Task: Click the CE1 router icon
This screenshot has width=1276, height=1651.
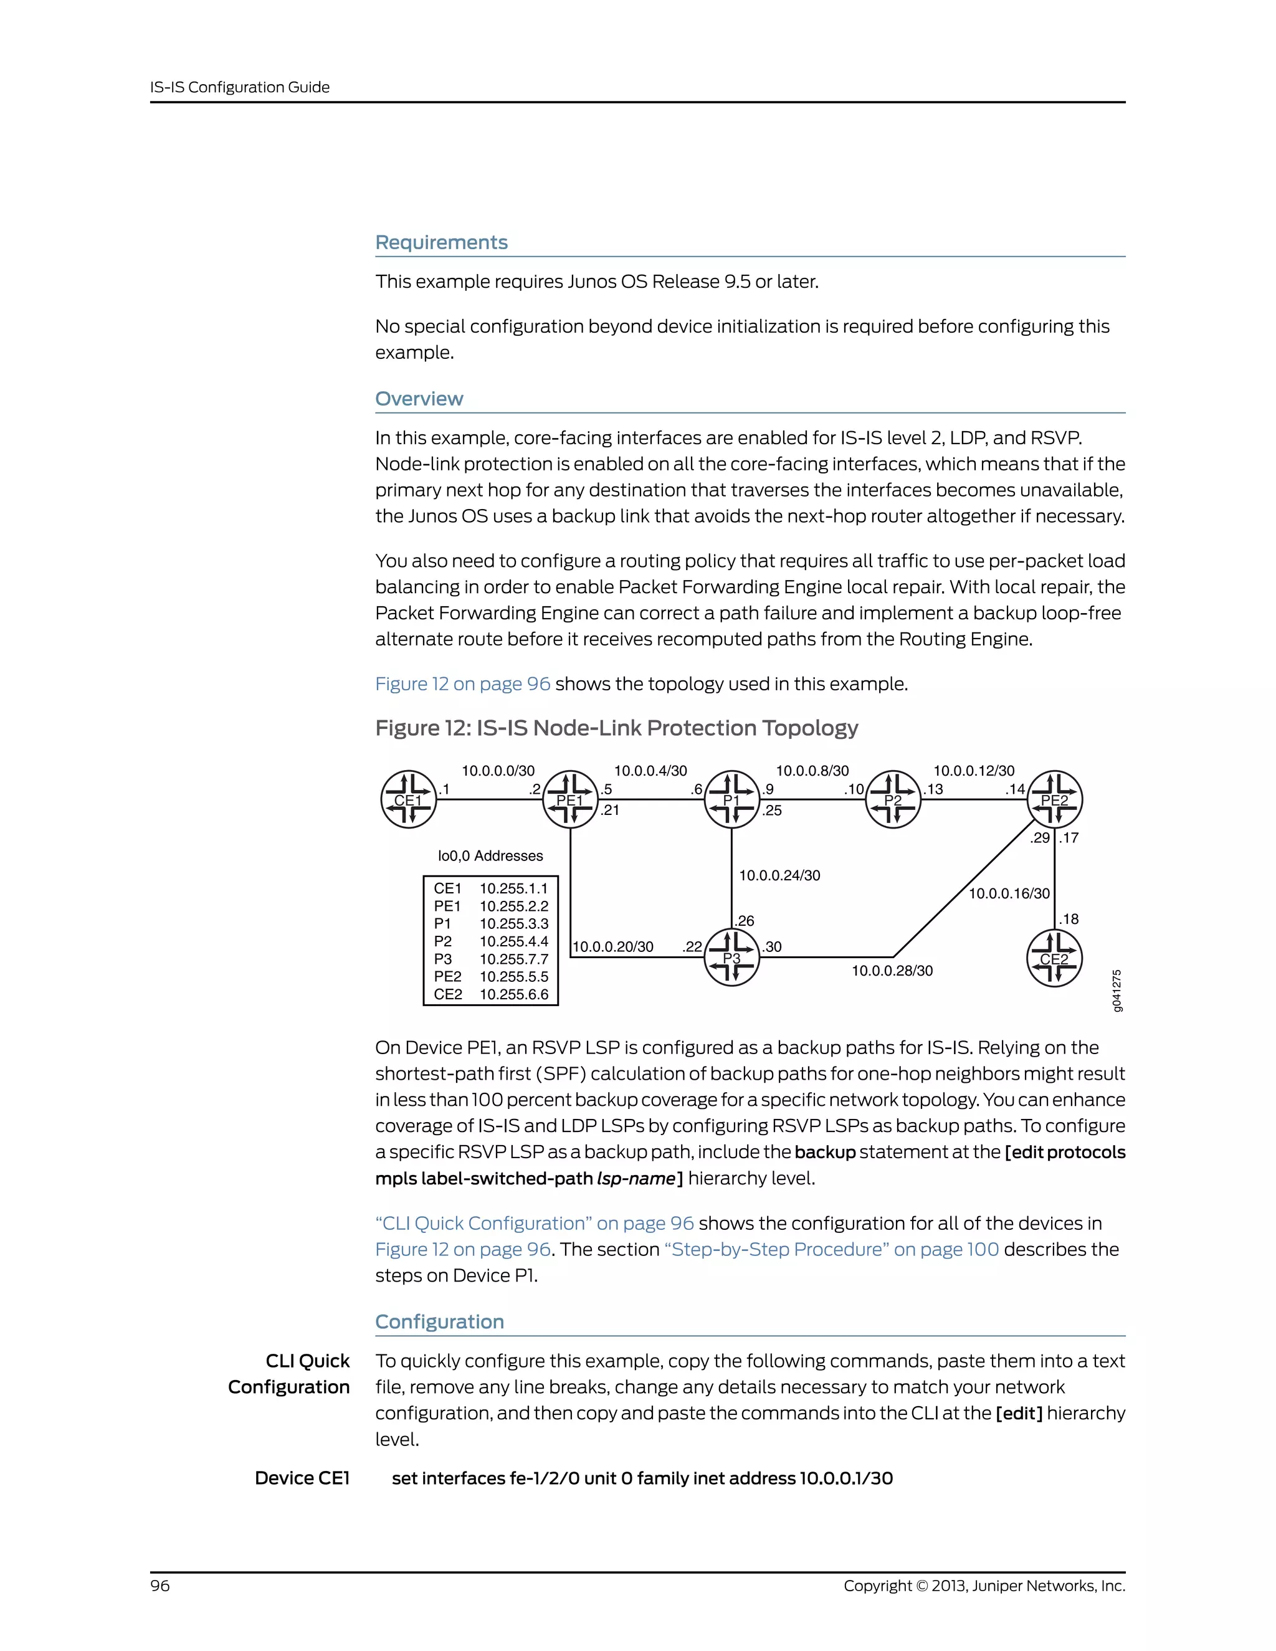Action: pyautogui.click(x=408, y=800)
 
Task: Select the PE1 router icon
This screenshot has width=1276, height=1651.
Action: pyautogui.click(x=571, y=800)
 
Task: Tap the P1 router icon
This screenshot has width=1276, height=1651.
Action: pyautogui.click(x=731, y=800)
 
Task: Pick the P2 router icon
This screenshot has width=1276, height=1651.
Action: pyautogui.click(x=893, y=800)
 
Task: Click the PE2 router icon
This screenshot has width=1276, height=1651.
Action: pyautogui.click(x=1055, y=800)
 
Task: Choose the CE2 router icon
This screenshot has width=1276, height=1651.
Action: pyautogui.click(x=1055, y=959)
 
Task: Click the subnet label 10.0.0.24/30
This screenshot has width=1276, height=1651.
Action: pyautogui.click(x=779, y=875)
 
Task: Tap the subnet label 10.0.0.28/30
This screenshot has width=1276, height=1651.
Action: pyautogui.click(x=892, y=971)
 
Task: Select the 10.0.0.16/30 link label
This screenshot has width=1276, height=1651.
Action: pyautogui.click(x=1009, y=893)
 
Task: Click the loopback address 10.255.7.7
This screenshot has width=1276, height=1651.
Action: pyautogui.click(x=514, y=959)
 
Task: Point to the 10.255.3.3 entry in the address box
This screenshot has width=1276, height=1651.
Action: pyautogui.click(x=514, y=924)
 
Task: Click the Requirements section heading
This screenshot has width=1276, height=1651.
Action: pyautogui.click(x=442, y=242)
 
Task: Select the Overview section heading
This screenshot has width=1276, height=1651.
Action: pyautogui.click(x=419, y=399)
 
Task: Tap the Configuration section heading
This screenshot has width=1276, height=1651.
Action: pyautogui.click(x=439, y=1322)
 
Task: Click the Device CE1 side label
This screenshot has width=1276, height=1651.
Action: pyautogui.click(x=302, y=1478)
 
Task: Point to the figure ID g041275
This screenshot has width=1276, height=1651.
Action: pyautogui.click(x=1117, y=991)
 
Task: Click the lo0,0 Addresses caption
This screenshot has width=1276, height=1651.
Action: pyautogui.click(x=490, y=856)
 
